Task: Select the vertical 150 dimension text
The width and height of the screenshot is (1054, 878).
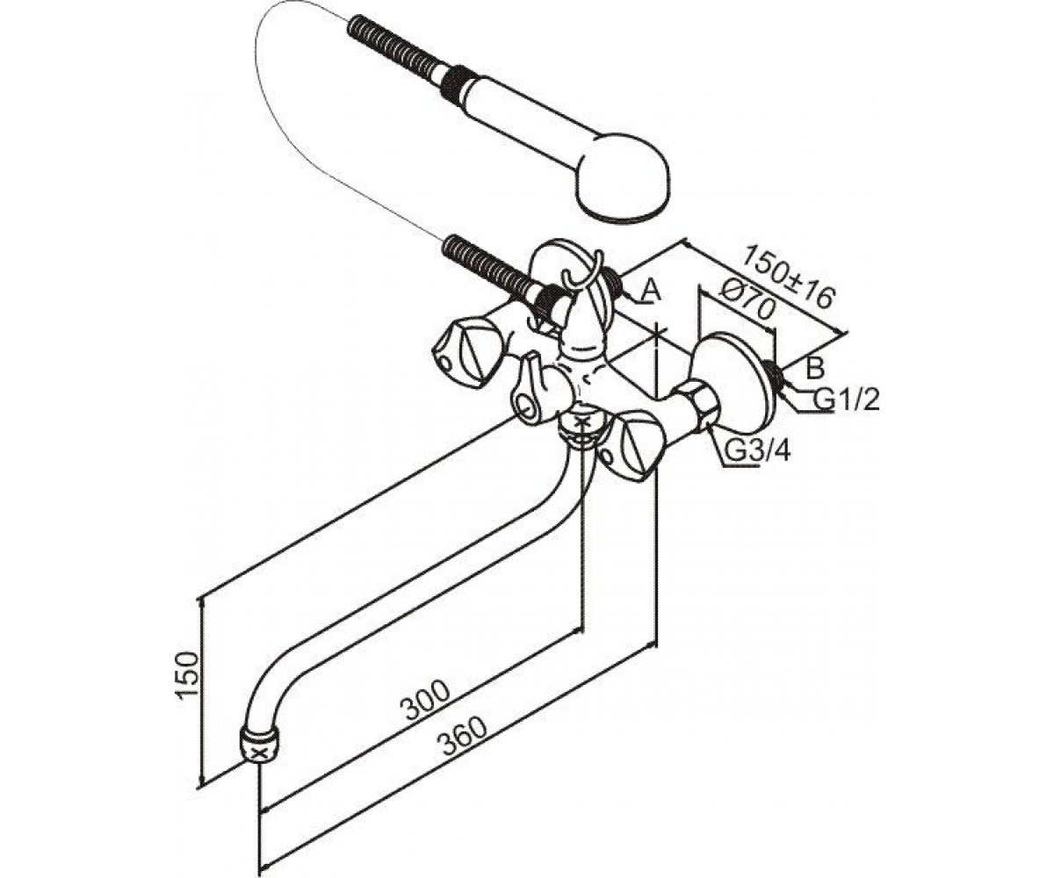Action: coord(185,676)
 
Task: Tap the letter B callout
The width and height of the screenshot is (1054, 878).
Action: coord(814,368)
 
